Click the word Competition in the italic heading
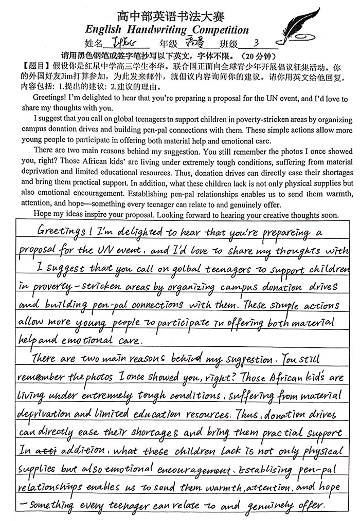point(218,30)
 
